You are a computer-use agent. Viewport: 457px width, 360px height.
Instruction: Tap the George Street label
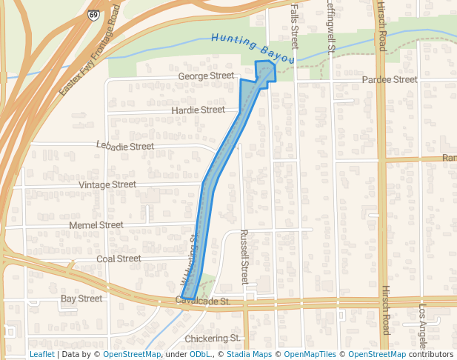point(205,76)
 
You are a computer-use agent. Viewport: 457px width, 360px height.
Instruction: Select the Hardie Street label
point(198,110)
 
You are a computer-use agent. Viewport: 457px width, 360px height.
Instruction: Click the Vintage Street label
point(107,184)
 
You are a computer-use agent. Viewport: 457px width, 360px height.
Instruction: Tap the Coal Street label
point(119,259)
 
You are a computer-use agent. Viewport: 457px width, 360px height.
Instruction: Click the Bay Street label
point(81,299)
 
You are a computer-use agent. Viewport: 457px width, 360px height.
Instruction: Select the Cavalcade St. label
point(203,301)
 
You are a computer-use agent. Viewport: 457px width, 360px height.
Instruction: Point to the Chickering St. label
point(213,338)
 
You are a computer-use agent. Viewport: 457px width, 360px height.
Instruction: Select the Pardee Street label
point(390,79)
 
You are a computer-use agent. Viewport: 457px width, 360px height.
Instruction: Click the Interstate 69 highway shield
point(93,15)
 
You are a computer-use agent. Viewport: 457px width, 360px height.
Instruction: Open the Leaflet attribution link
point(41,355)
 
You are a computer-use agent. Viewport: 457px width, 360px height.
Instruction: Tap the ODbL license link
point(201,355)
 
